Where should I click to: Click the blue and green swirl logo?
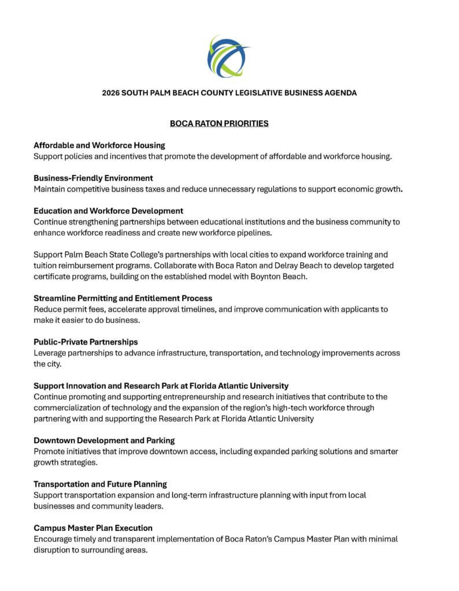tap(229, 56)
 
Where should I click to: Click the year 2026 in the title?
tap(112, 92)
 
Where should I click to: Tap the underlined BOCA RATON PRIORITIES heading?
tap(219, 124)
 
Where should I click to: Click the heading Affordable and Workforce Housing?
tap(99, 145)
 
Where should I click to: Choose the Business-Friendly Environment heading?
tap(93, 178)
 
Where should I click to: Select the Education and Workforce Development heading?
tap(109, 211)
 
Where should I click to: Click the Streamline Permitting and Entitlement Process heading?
tap(123, 298)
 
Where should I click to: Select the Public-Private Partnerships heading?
tap(86, 342)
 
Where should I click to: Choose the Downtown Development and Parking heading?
tap(104, 440)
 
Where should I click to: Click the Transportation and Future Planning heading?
tap(101, 484)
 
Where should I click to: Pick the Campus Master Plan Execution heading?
tap(93, 528)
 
